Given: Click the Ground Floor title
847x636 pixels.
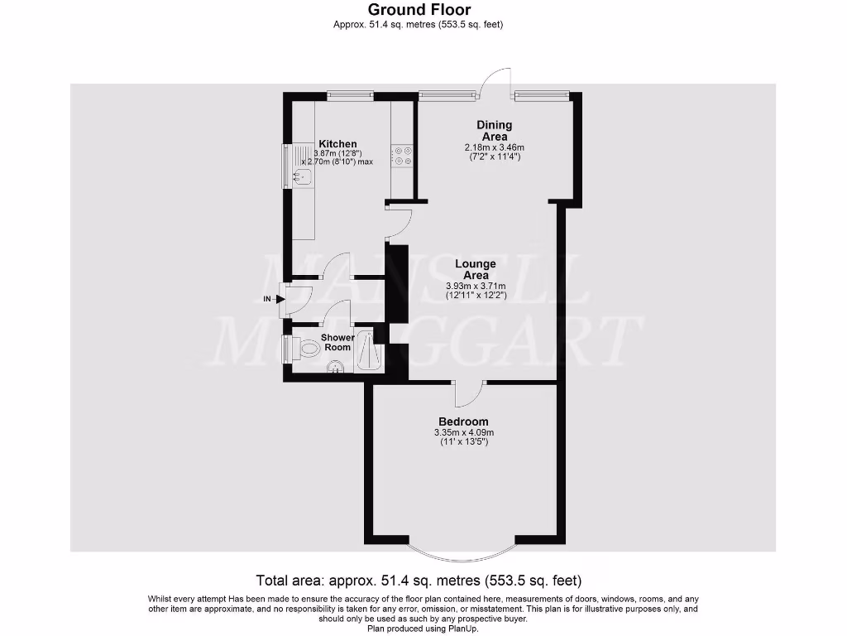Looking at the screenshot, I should coord(419,10).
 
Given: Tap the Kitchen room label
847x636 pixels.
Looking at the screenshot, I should coord(337,144).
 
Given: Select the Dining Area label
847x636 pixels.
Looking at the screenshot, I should coord(494,131).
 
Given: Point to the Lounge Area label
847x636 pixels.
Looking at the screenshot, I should coord(476,270).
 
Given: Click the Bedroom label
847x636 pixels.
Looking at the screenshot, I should coord(463,422).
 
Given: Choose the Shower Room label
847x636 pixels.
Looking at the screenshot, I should coord(337,342).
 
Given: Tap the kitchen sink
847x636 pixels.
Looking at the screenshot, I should coord(299,175).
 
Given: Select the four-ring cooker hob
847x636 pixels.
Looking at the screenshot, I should coord(403,157).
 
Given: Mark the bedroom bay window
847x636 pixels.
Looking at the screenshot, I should coord(463,553).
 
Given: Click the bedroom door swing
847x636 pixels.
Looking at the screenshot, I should coord(470,393).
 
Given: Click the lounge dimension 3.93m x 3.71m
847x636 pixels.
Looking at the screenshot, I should coord(476,287).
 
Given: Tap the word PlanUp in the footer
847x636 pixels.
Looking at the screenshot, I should coord(462,628).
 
